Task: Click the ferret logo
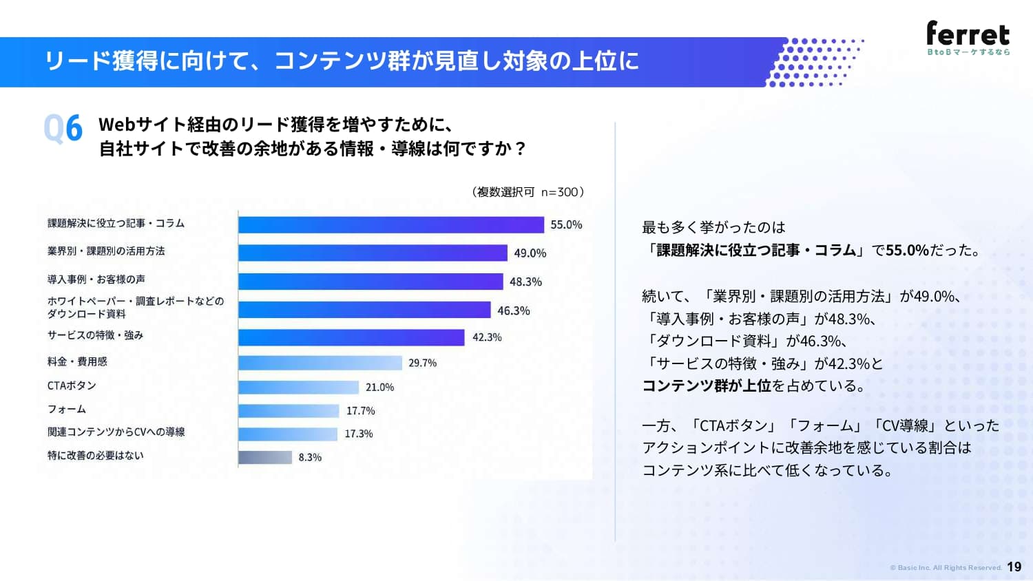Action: pyautogui.click(x=968, y=38)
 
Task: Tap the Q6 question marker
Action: pyautogui.click(x=63, y=128)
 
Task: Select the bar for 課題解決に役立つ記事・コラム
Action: pyautogui.click(x=391, y=225)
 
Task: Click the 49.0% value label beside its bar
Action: pyautogui.click(x=530, y=253)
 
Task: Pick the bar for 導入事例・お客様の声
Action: pyautogui.click(x=371, y=282)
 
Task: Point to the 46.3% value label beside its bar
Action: pyautogui.click(x=513, y=310)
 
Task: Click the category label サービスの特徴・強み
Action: pyautogui.click(x=96, y=335)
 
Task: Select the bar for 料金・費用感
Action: pyautogui.click(x=320, y=363)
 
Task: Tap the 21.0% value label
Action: pyautogui.click(x=379, y=388)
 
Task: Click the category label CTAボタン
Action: pyautogui.click(x=72, y=385)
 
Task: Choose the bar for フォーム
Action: pyautogui.click(x=289, y=411)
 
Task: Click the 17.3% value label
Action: pyautogui.click(x=358, y=434)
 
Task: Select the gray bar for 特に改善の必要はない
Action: pyautogui.click(x=265, y=457)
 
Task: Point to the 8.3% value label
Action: pyautogui.click(x=310, y=457)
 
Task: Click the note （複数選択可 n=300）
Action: pyautogui.click(x=528, y=192)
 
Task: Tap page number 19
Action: pyautogui.click(x=1014, y=567)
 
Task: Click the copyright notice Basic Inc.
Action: pyautogui.click(x=946, y=568)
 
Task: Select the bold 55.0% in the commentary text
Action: pyautogui.click(x=907, y=250)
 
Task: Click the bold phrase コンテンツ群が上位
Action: pyautogui.click(x=707, y=385)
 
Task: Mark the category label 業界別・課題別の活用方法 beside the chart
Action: pyautogui.click(x=106, y=251)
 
